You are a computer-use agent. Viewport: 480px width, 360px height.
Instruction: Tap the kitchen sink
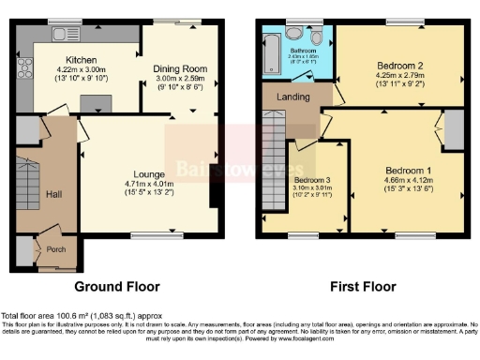point(67,35)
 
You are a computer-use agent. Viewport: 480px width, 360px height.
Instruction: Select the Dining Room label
point(180,68)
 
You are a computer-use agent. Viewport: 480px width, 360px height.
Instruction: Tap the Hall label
point(54,193)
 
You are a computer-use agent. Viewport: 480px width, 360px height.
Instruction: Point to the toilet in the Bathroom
point(319,37)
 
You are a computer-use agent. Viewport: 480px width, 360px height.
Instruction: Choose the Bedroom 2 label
point(399,66)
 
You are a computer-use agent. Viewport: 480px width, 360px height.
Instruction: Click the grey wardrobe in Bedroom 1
point(452,132)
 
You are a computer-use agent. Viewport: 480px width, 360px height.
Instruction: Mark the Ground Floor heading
point(118,286)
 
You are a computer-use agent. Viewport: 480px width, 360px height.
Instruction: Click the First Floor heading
point(363,286)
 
